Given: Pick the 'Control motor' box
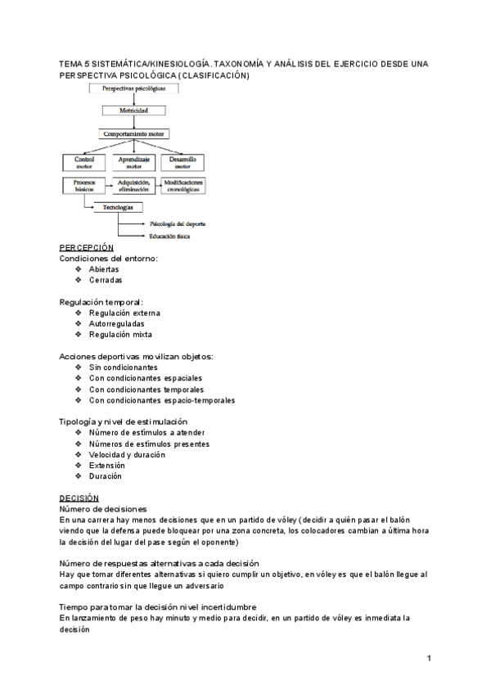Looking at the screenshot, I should pyautogui.click(x=84, y=161).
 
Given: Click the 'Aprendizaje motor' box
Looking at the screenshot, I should pyautogui.click(x=133, y=161).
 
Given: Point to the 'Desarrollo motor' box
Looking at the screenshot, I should pyautogui.click(x=182, y=161).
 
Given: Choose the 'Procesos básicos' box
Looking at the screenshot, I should pyautogui.click(x=84, y=185).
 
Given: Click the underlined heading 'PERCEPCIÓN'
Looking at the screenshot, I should pyautogui.click(x=87, y=248).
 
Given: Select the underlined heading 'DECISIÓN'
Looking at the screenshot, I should pyautogui.click(x=79, y=498).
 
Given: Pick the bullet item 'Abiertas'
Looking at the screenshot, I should pyautogui.click(x=104, y=269).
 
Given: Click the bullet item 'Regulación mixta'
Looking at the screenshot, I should pyautogui.click(x=120, y=334).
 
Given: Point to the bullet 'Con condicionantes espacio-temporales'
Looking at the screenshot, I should pyautogui.click(x=162, y=400).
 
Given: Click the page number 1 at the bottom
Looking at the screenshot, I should pyautogui.click(x=429, y=658).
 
